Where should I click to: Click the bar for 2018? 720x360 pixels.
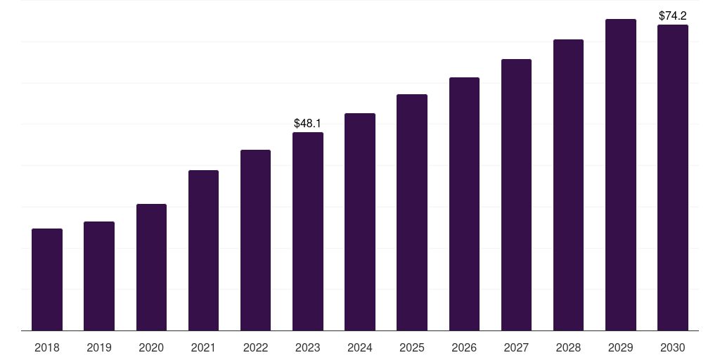[47, 280]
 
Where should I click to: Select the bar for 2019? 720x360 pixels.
[99, 276]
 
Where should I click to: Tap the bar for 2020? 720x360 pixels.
[152, 267]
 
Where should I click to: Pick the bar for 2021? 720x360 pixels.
[203, 250]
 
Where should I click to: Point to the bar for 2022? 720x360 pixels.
[255, 240]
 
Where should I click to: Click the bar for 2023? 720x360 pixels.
[308, 231]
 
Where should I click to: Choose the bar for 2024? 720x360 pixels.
[360, 221]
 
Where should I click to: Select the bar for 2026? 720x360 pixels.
[464, 204]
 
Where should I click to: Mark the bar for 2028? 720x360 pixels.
[568, 185]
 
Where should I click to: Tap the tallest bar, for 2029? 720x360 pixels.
[621, 175]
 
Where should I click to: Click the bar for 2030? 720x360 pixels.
[673, 178]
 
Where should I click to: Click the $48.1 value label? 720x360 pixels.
[308, 123]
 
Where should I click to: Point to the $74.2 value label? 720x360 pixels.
[673, 15]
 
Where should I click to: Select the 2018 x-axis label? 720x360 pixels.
[47, 347]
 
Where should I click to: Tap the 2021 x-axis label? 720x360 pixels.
[203, 347]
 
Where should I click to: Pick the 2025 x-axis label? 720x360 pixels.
[412, 347]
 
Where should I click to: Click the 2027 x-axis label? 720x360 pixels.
[516, 347]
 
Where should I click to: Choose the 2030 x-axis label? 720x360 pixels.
[673, 347]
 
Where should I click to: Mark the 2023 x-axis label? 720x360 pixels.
[308, 347]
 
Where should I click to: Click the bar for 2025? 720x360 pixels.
[412, 212]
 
